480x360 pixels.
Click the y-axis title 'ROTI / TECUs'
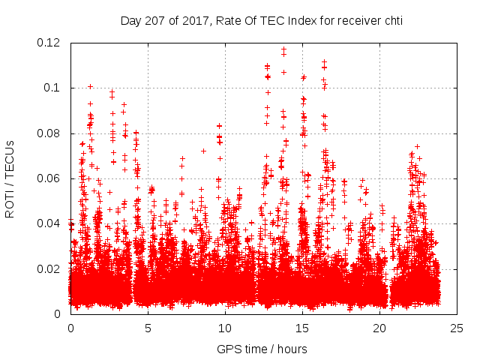10,178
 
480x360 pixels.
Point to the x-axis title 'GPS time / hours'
262,349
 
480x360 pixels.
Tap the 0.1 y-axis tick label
55,88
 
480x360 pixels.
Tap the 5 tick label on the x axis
148,328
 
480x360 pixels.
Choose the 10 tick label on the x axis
225,328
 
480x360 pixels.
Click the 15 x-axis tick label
302,328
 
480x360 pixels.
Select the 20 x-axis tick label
379,328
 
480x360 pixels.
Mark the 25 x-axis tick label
457,328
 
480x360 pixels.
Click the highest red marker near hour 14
283,49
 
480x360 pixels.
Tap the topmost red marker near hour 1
90,86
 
